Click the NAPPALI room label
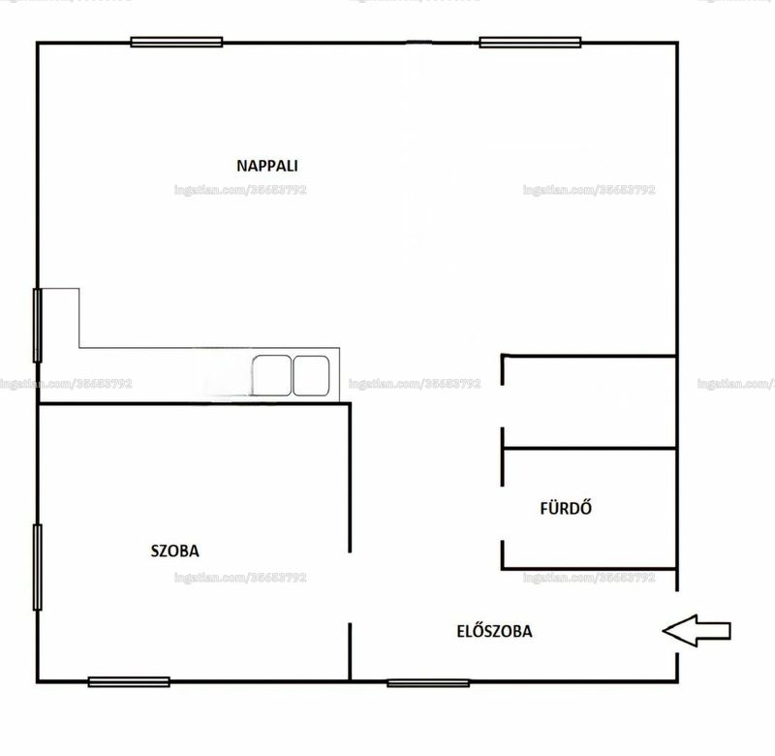point(267,166)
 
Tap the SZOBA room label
point(175,551)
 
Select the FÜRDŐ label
point(566,508)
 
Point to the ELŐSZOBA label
point(495,631)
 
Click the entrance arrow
point(697,630)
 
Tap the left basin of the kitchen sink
point(271,375)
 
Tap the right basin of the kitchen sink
point(311,375)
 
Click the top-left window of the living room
point(176,42)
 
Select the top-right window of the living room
point(530,42)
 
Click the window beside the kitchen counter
point(38,326)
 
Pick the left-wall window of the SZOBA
point(38,567)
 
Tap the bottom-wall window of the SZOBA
point(129,681)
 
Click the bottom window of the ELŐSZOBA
point(428,682)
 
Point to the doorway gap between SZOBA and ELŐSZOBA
point(350,587)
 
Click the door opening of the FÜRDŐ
point(503,513)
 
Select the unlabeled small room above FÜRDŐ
point(589,401)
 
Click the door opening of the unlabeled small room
point(503,406)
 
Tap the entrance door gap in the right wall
point(676,621)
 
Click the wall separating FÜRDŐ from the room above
point(589,449)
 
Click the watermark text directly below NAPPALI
point(240,190)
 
